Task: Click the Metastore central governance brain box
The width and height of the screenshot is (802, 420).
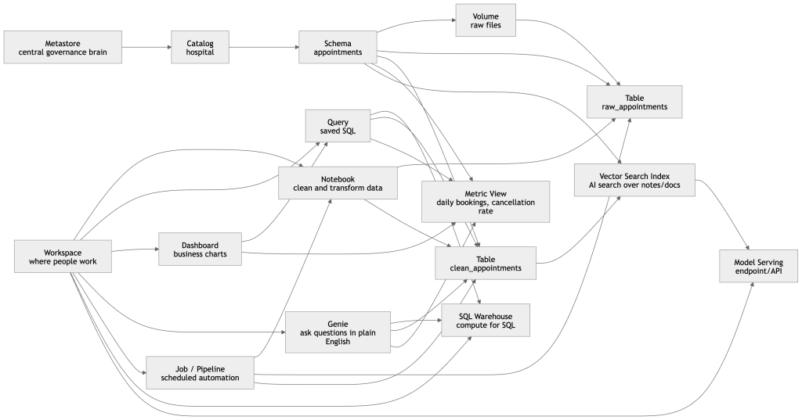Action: coord(63,47)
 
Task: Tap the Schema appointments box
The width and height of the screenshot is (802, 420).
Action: coord(338,47)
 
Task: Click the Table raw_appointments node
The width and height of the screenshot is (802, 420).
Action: coord(634,102)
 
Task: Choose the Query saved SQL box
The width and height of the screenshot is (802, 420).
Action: coord(338,126)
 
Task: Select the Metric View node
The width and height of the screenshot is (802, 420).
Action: coord(486,202)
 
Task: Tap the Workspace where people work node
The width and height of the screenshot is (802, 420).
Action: coord(63,256)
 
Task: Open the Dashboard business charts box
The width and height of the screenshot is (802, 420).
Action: coord(200,249)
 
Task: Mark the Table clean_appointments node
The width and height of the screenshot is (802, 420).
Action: coord(486,263)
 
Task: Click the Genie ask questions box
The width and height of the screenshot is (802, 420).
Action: coord(338,332)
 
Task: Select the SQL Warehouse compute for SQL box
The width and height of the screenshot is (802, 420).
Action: coord(486,320)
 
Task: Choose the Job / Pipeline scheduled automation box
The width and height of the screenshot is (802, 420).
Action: coord(200,372)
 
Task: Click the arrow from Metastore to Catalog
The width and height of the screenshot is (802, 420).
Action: coord(146,47)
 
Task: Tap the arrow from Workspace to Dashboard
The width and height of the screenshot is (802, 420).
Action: coord(135,251)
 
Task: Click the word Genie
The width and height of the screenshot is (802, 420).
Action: coord(338,322)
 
